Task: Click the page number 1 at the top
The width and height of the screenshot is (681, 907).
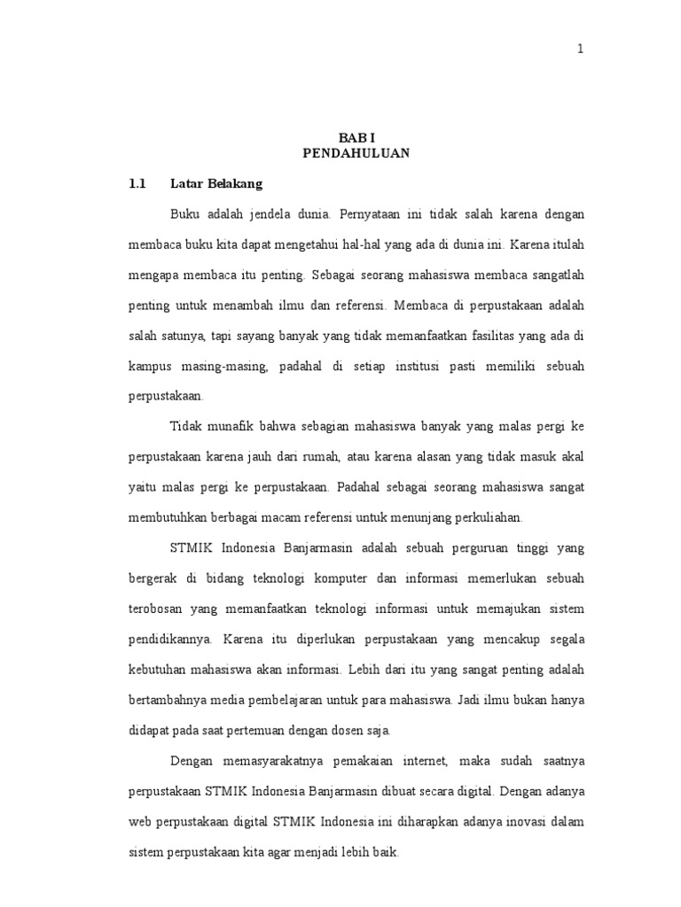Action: coord(581,49)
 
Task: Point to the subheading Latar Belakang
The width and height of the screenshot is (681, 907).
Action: coord(216,184)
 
